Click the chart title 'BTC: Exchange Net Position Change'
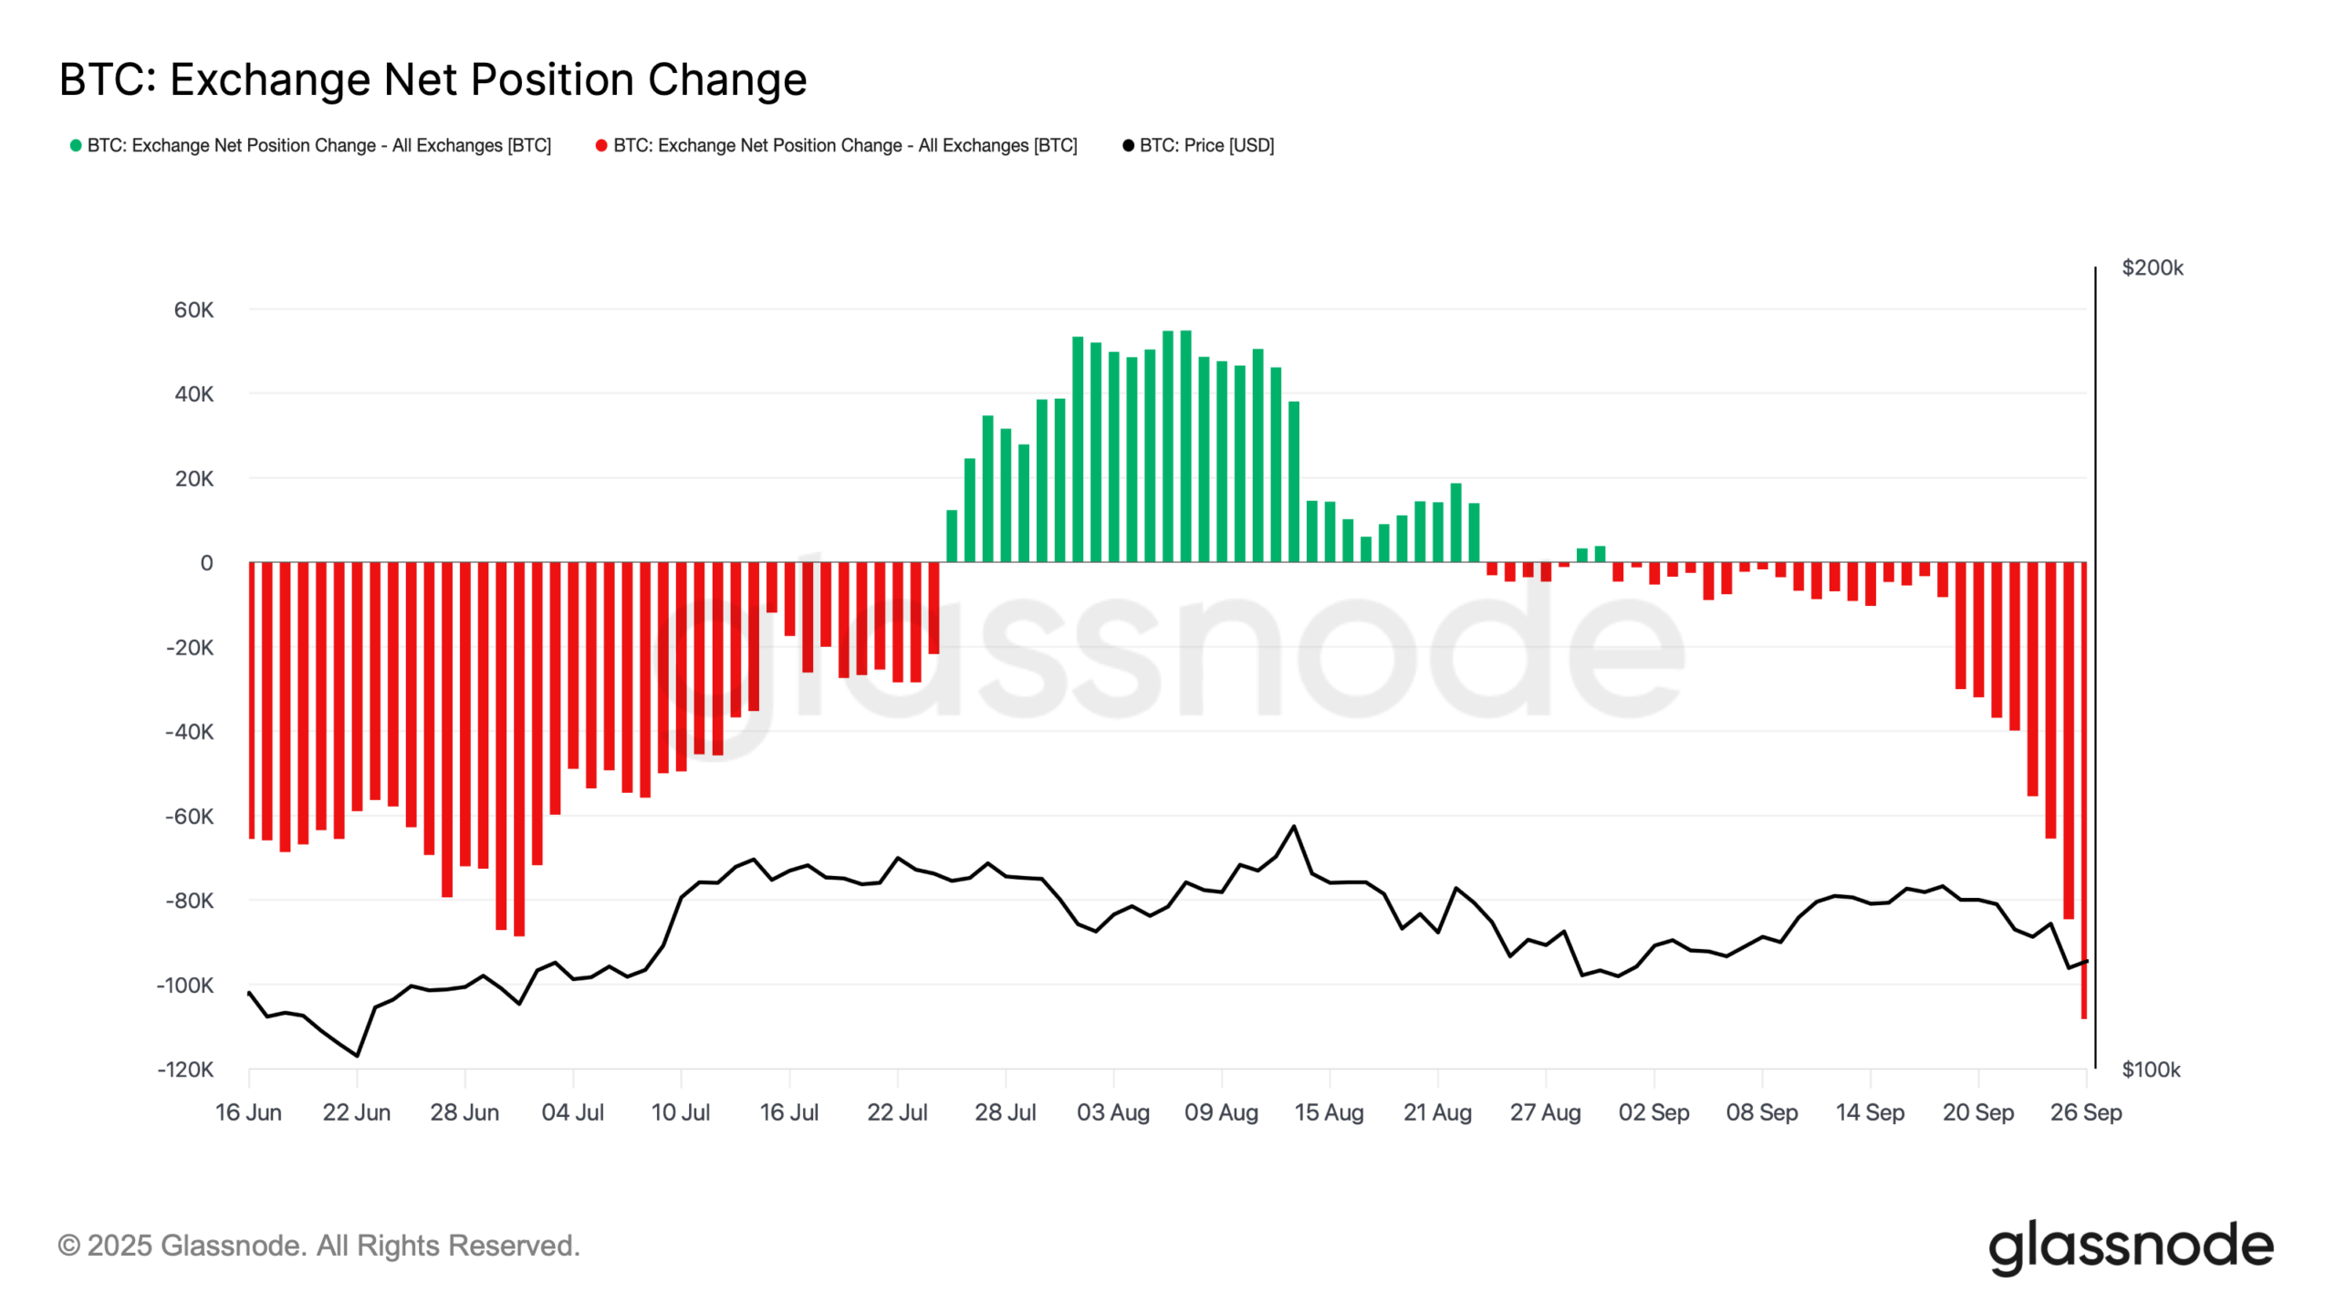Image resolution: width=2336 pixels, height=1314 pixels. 433,79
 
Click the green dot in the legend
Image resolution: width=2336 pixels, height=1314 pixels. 76,145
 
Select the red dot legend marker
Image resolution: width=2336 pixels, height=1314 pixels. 601,145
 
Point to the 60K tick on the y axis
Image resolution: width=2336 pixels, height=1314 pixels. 193,310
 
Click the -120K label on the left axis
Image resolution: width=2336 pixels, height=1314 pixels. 185,1069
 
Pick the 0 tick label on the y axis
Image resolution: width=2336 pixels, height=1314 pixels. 206,563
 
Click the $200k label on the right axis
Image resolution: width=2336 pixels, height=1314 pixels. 2152,267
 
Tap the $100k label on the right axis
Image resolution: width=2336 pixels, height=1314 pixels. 2151,1069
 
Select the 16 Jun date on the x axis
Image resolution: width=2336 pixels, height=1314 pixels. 248,1112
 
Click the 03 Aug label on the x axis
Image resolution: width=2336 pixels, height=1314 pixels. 1113,1112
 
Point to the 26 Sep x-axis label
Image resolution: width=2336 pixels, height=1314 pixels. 2086,1112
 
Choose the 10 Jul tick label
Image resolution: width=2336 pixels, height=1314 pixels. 681,1112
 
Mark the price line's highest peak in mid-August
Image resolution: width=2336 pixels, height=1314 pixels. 1294,827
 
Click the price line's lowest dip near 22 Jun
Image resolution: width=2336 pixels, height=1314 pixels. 357,1056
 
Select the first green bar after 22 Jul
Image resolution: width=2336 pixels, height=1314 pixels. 952,537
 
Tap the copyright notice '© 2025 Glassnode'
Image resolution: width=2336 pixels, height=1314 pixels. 318,1246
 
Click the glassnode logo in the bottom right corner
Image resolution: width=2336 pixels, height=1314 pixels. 2131,1246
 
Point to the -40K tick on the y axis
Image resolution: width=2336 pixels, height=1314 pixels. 189,732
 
